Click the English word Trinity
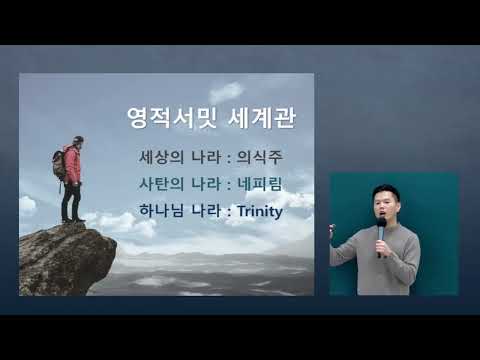[255, 211]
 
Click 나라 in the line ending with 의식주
[204, 157]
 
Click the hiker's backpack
[60, 163]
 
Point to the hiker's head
[77, 141]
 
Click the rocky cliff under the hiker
[65, 257]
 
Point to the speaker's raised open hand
[339, 231]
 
